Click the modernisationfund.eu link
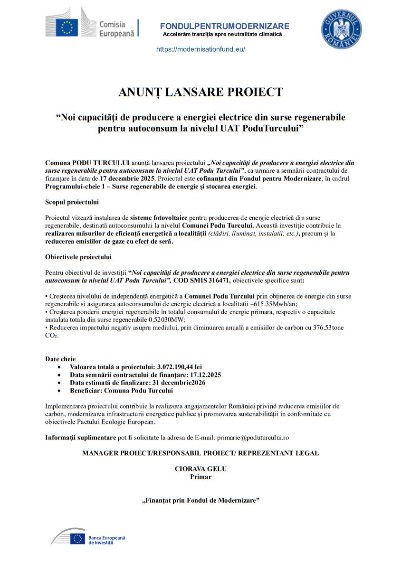200,49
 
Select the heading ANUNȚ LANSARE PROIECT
200,92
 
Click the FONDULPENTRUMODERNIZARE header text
224,26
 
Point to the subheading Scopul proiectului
72,202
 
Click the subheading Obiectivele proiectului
78,257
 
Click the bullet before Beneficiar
58,391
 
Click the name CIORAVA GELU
200,469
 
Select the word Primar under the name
200,477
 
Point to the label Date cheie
60,359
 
